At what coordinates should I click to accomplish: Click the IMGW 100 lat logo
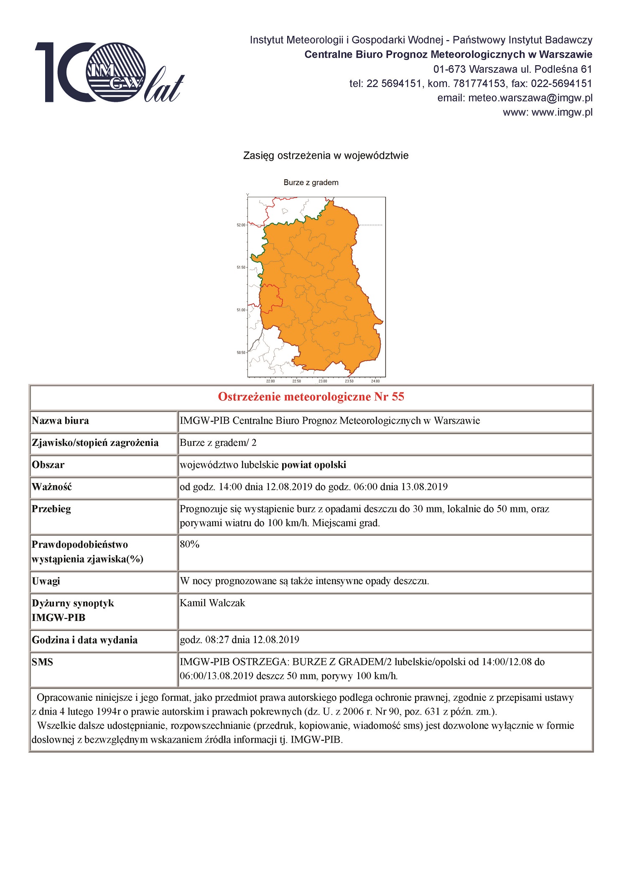tap(110, 72)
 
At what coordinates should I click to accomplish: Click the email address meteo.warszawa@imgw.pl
tap(530, 98)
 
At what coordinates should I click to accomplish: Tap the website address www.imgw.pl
tap(562, 112)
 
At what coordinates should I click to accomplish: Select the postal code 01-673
tap(449, 69)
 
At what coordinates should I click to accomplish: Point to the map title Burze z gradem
tap(311, 183)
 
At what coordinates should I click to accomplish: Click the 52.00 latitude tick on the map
tap(241, 225)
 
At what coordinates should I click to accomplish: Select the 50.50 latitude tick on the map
tap(241, 353)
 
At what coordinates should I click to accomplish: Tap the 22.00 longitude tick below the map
tap(270, 381)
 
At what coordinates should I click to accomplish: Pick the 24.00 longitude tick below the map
tap(375, 381)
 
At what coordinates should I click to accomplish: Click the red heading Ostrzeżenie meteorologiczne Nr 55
tap(311, 397)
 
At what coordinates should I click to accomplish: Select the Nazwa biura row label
tap(60, 421)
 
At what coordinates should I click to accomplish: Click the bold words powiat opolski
tap(314, 465)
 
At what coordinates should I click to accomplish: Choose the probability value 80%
tap(189, 544)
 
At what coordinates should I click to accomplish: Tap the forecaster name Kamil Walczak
tap(212, 603)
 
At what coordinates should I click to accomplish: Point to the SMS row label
tap(42, 662)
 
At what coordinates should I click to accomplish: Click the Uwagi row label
tap(46, 581)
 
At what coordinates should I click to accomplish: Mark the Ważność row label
tap(52, 487)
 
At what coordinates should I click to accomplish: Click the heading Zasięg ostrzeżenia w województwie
tap(326, 156)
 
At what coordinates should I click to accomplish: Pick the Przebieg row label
tap(51, 509)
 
